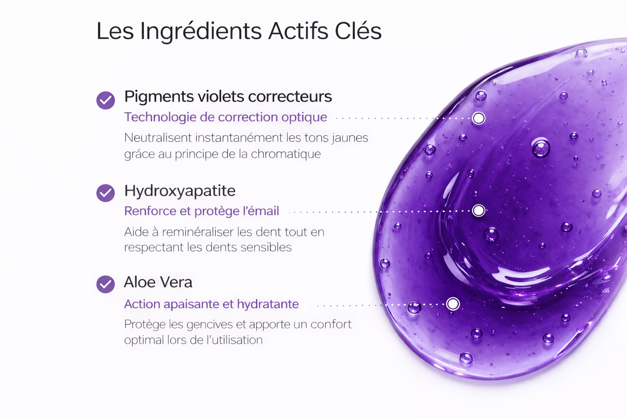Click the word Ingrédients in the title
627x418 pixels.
click(201, 32)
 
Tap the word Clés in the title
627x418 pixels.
click(358, 30)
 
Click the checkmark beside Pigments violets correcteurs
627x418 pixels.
click(106, 100)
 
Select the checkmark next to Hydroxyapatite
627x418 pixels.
click(106, 193)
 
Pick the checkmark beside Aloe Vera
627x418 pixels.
click(106, 284)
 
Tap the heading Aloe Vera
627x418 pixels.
click(158, 282)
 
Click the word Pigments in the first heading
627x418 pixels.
click(159, 97)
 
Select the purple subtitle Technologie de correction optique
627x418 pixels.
click(226, 117)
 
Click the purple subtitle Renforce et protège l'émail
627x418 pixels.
click(202, 211)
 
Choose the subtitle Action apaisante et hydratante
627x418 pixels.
click(211, 304)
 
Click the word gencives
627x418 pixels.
click(209, 325)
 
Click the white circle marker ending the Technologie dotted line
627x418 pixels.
click(479, 118)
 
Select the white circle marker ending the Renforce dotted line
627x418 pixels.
click(479, 211)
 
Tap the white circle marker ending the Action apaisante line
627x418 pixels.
click(453, 304)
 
